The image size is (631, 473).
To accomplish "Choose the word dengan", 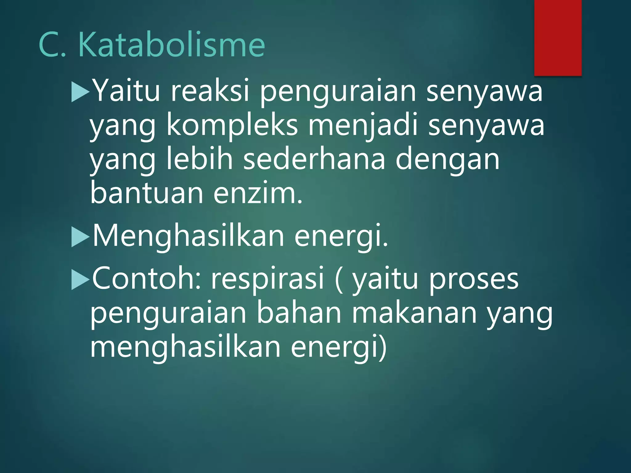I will click(x=447, y=160).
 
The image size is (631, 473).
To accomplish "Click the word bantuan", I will click(x=147, y=193).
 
